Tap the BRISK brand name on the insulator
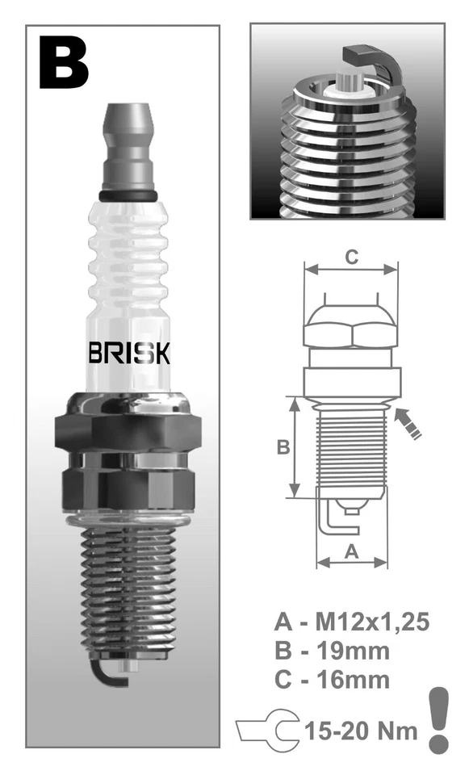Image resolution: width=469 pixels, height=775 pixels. pos(128,353)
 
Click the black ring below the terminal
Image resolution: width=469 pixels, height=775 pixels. pos(129,195)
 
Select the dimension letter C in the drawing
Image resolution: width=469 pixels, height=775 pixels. pos(351,258)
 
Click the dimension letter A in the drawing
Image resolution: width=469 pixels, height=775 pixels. pos(351,551)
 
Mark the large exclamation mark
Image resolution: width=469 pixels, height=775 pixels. pos(438,720)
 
